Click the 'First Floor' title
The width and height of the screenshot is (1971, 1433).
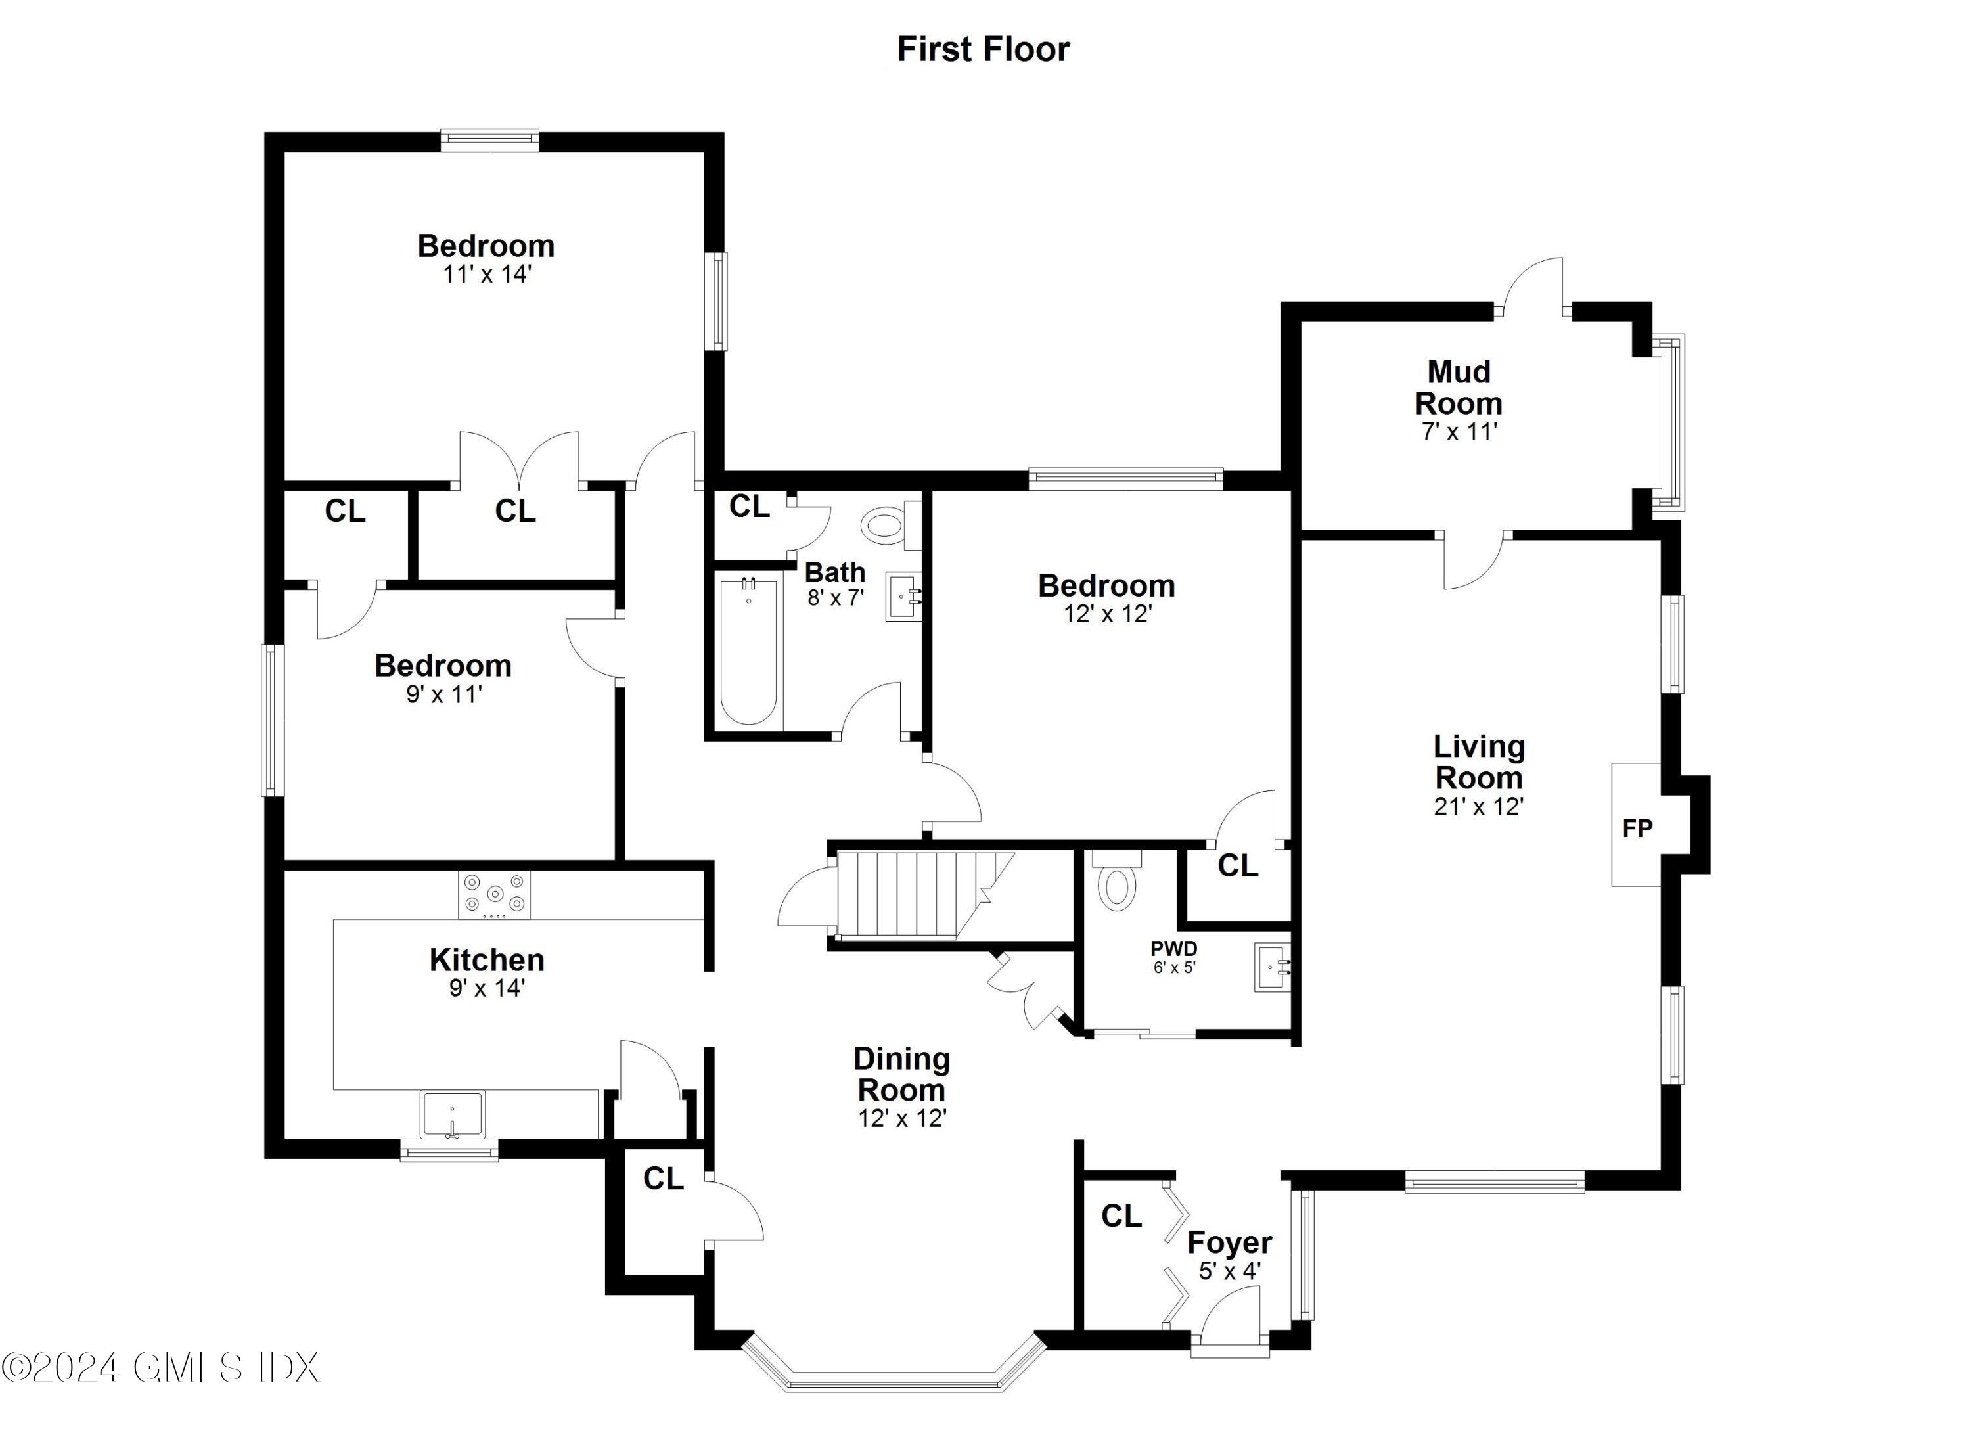click(983, 49)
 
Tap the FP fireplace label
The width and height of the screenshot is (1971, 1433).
click(1637, 828)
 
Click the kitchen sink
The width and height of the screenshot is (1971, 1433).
click(452, 1114)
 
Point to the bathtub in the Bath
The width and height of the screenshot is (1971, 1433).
click(748, 652)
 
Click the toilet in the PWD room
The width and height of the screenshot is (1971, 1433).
click(1117, 884)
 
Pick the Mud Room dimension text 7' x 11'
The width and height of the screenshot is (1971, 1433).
click(1459, 432)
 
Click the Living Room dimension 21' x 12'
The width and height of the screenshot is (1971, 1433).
click(1478, 806)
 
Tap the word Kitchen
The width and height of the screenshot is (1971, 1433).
click(487, 960)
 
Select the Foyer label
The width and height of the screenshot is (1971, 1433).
click(1230, 1242)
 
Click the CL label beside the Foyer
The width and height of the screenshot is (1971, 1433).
click(1121, 1217)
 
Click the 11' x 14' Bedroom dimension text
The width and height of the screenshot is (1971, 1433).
click(487, 275)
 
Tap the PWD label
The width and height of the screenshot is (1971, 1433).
click(1174, 948)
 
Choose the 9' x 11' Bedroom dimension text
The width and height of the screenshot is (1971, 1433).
click(443, 694)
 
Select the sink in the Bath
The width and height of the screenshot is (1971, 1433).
click(903, 596)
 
